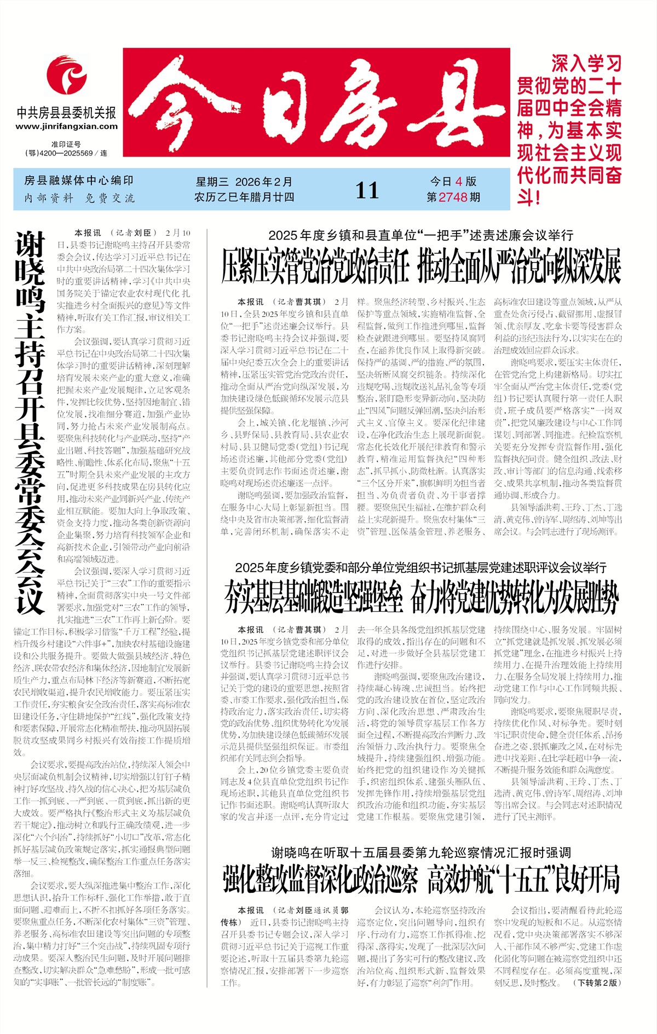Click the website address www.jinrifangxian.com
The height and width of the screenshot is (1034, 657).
(x=66, y=126)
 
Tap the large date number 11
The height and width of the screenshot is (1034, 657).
(x=367, y=190)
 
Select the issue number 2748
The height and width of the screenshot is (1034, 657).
(x=453, y=197)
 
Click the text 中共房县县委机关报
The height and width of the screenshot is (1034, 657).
(x=66, y=113)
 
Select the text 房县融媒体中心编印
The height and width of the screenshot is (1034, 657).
(x=79, y=181)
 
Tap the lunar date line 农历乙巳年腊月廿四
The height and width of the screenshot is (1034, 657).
(x=244, y=197)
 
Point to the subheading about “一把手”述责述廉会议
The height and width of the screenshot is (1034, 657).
(x=420, y=235)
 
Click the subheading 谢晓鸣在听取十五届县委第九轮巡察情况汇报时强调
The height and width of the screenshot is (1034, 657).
(x=421, y=852)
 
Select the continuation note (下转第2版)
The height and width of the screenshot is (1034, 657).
(x=597, y=998)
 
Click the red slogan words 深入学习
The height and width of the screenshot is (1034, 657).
(x=586, y=63)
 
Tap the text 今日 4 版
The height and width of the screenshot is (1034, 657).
(x=453, y=182)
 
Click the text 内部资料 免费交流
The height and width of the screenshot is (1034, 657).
(x=79, y=198)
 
